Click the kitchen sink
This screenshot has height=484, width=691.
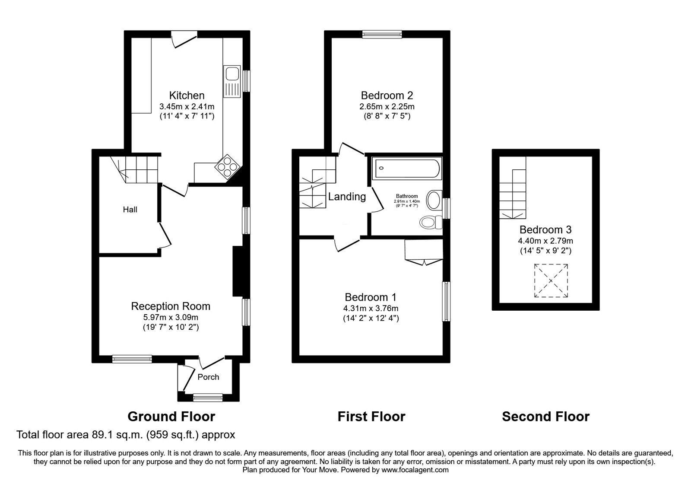231,82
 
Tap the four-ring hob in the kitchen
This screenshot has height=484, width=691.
227,167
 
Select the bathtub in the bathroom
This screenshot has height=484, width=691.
406,168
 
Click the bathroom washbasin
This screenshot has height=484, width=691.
434,200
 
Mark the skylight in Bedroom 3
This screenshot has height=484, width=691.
551,280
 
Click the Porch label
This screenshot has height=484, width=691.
208,377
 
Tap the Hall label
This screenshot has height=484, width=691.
130,210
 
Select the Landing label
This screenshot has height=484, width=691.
347,196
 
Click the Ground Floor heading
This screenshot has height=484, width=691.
171,417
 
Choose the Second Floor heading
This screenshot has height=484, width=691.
545,417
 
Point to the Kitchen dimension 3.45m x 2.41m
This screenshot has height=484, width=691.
187,107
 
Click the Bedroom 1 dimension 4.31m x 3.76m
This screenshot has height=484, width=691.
371,309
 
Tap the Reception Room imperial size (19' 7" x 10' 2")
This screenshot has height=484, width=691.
171,327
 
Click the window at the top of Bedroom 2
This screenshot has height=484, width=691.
382,34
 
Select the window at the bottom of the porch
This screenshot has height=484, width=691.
208,398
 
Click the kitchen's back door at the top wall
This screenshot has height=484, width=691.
184,39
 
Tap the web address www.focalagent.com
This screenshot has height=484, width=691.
415,470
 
